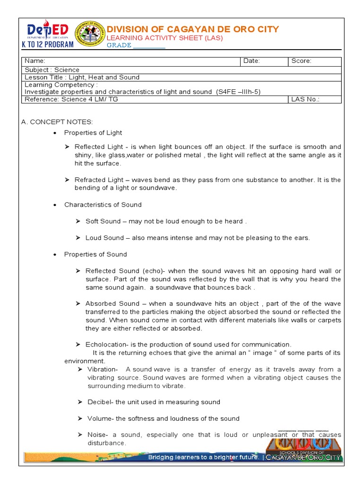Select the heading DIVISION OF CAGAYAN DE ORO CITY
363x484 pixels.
coord(193,29)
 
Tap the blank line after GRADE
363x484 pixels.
coord(149,45)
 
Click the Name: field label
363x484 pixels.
coord(35,61)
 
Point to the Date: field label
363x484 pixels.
coord(251,61)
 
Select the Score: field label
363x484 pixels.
coord(301,61)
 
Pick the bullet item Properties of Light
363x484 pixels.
coord(93,133)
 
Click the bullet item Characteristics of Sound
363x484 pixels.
coord(103,205)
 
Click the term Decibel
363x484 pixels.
coord(100,402)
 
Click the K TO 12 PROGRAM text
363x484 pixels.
coord(48,44)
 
